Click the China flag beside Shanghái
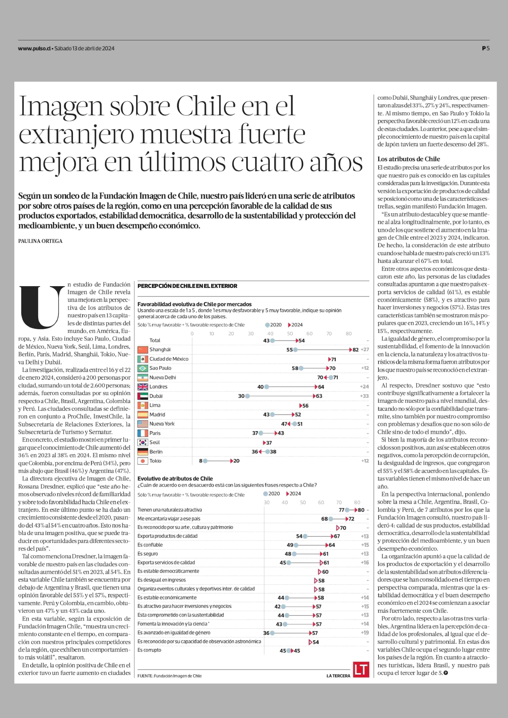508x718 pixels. coord(143,349)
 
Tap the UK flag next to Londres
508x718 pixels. coord(143,387)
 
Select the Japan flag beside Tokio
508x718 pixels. coord(143,461)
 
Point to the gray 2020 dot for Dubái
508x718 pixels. coord(247,396)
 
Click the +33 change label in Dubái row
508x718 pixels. coord(364,396)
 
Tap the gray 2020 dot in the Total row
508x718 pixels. coord(272,340)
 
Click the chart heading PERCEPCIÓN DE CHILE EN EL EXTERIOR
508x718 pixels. coord(187,286)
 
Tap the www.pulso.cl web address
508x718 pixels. coord(34,49)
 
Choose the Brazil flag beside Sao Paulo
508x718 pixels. coord(143,368)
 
